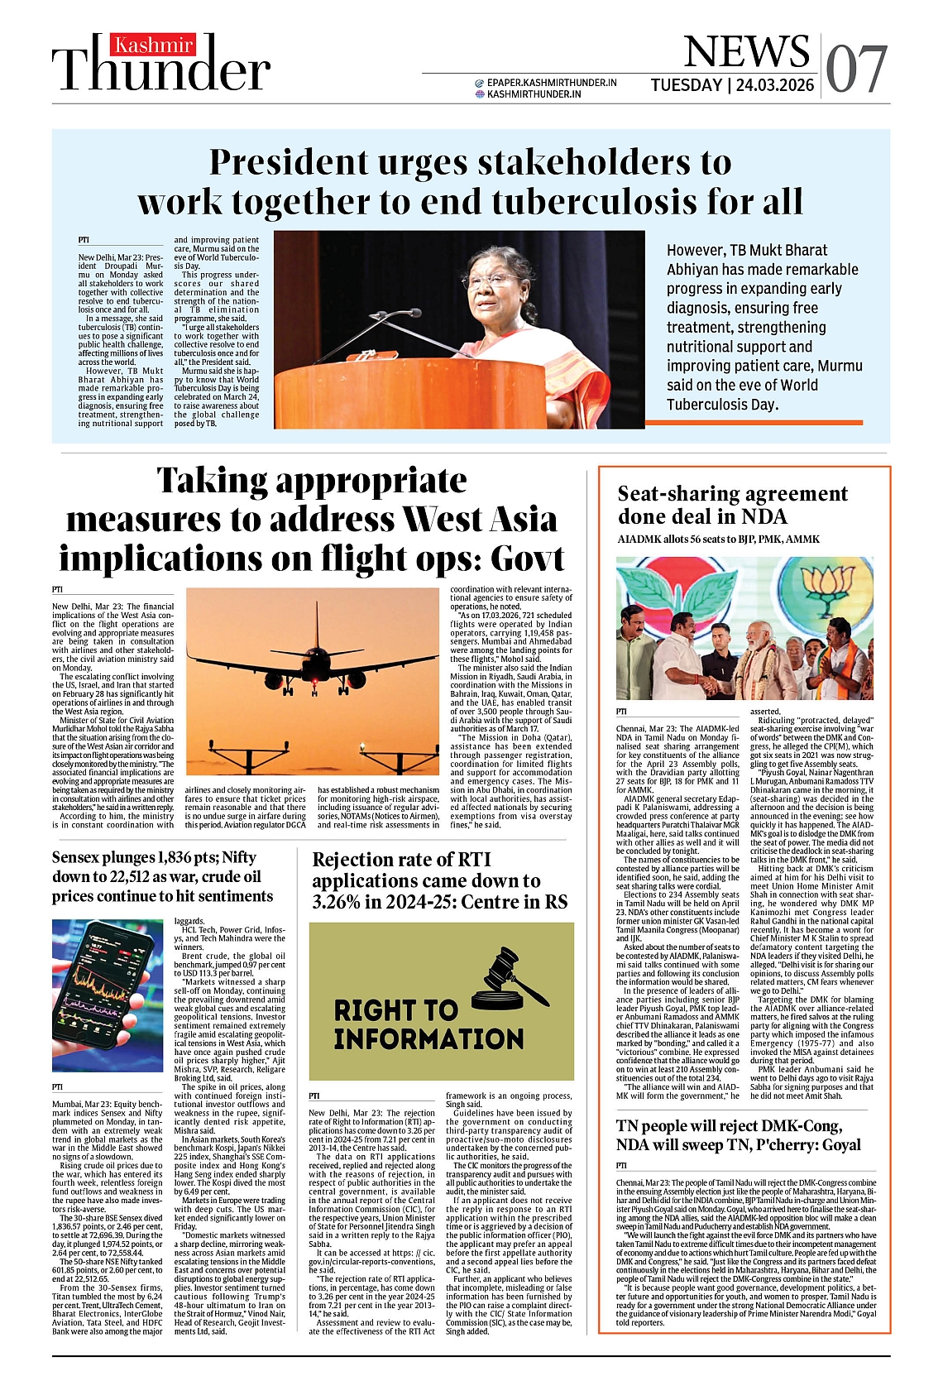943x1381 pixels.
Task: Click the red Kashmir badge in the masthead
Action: (154, 46)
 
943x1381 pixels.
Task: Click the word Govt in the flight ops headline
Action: (527, 559)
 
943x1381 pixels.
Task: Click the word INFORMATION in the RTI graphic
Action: (428, 1038)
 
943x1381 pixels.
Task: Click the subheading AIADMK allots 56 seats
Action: (718, 539)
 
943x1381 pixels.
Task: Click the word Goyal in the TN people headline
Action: (836, 1145)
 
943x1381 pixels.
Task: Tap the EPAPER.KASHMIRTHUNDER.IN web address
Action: (551, 83)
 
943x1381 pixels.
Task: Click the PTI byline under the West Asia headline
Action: (57, 589)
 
